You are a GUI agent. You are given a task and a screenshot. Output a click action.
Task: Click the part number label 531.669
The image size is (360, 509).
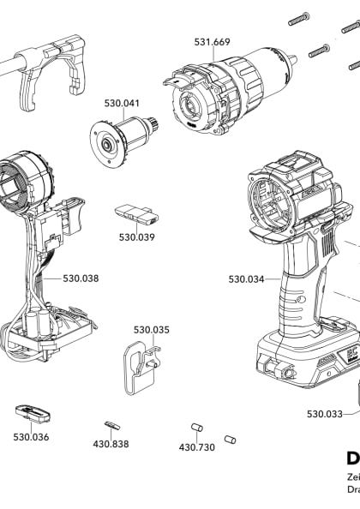pos(212,42)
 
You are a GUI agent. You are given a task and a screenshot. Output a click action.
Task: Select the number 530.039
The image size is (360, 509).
pos(136,237)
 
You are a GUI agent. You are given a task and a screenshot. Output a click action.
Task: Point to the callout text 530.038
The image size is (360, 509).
pos(81,278)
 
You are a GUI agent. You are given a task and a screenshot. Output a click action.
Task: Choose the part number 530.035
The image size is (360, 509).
pos(151,330)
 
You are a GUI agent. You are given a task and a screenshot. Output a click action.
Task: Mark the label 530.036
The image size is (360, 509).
pos(31,437)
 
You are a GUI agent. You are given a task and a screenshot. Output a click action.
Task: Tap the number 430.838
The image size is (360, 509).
pos(111,444)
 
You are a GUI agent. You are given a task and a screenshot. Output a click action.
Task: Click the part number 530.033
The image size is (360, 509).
pos(325,414)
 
